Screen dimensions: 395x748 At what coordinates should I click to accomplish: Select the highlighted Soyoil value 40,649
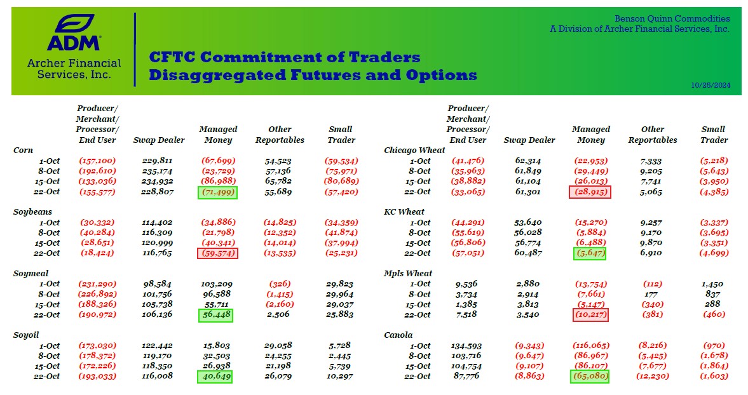coord(214,377)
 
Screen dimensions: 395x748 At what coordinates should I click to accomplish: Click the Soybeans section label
coord(33,211)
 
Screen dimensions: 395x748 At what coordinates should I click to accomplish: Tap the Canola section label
coord(398,335)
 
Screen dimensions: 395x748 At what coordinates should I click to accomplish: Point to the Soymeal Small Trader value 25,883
coord(341,314)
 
